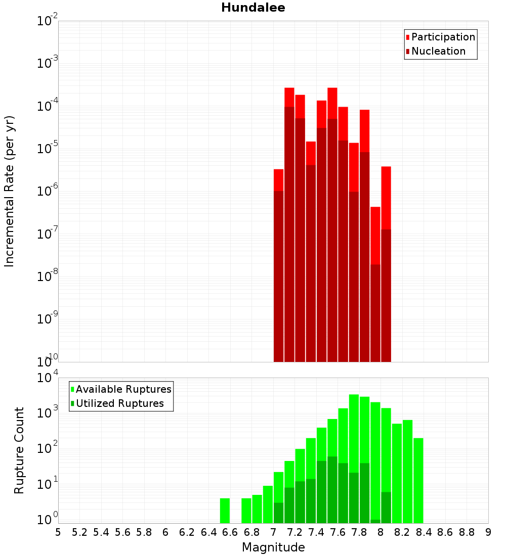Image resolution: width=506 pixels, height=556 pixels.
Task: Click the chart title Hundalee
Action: [253, 8]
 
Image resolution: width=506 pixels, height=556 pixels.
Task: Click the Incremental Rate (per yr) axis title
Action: [10, 191]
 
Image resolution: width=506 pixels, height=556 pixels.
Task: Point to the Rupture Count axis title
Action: [19, 450]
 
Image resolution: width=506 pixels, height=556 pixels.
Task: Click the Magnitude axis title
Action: [273, 547]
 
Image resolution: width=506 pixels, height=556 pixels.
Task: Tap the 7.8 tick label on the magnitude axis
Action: [359, 532]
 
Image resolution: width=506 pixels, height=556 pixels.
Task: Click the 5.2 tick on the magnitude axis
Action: [79, 532]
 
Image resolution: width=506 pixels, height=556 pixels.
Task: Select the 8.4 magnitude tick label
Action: [424, 532]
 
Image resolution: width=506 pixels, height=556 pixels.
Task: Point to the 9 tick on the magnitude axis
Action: [488, 532]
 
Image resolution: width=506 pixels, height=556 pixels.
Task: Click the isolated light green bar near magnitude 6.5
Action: [225, 511]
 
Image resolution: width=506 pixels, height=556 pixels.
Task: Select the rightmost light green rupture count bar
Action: [418, 480]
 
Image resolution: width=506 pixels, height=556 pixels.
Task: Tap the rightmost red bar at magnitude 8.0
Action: [386, 263]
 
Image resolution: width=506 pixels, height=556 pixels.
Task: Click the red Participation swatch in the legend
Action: [407, 37]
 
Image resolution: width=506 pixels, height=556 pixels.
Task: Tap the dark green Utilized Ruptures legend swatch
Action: [72, 403]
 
